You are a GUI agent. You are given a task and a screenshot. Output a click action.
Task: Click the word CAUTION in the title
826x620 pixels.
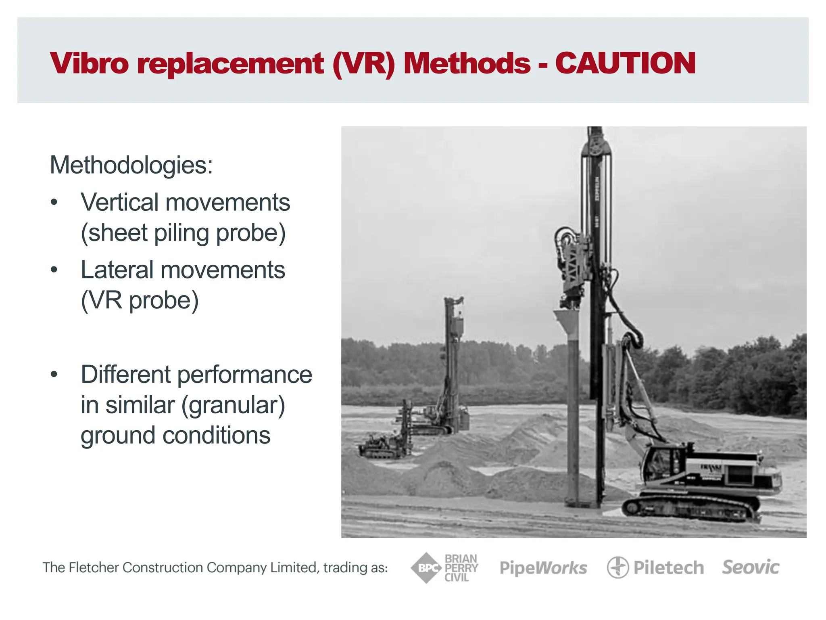point(625,63)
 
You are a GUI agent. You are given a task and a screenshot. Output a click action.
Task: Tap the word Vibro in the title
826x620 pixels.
point(89,63)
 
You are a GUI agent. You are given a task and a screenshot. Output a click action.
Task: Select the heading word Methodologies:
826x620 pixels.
point(131,165)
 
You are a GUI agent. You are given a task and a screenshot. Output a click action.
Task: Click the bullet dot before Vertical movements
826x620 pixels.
point(54,202)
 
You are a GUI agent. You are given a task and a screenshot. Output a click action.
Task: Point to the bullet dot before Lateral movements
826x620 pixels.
point(54,270)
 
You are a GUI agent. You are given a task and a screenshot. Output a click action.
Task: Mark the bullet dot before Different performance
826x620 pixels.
point(54,374)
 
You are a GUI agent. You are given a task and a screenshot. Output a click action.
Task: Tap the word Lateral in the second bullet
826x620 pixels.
point(117,270)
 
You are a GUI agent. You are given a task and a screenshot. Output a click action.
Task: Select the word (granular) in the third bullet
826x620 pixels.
point(233,405)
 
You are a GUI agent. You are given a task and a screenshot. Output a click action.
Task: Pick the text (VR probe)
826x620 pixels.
point(140,300)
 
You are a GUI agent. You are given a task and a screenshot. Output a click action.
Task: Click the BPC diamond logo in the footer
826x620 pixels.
point(426,568)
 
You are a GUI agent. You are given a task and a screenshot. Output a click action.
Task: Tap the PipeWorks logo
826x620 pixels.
point(543,568)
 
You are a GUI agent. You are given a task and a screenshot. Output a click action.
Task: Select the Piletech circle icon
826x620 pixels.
point(617,568)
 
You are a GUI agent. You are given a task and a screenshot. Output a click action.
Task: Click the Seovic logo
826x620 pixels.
point(751,567)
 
